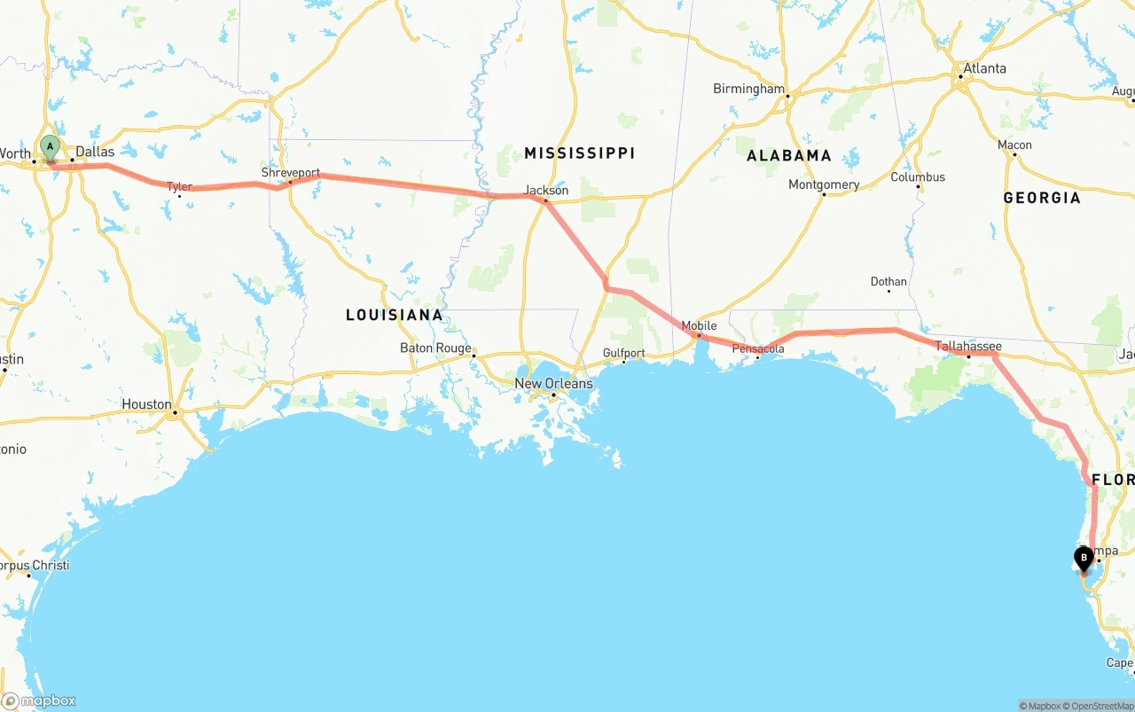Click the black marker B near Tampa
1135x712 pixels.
click(1084, 558)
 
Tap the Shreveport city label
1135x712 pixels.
click(290, 172)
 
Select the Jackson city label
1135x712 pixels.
click(546, 190)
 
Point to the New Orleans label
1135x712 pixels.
click(553, 383)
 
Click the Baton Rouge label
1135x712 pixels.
click(435, 348)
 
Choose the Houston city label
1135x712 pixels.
click(146, 403)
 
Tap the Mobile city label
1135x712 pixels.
click(699, 325)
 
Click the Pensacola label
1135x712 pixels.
click(758, 348)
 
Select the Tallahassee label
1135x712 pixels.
click(968, 346)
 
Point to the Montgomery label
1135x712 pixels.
click(824, 184)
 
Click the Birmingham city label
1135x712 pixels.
click(749, 89)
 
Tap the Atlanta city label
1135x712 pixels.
click(984, 68)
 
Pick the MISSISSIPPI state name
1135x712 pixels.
click(579, 153)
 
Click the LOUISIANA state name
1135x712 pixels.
click(394, 315)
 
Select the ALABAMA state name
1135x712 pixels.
click(789, 155)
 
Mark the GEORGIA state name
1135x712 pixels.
click(1042, 198)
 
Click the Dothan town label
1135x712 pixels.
click(888, 282)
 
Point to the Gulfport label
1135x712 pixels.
click(623, 353)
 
